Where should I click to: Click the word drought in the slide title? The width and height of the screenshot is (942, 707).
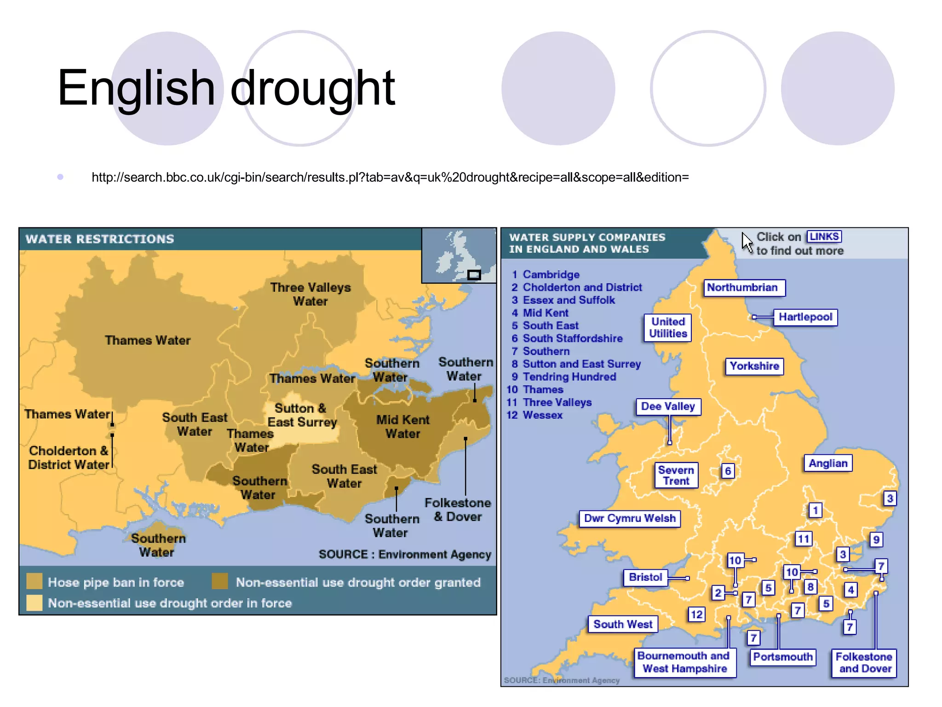pos(312,88)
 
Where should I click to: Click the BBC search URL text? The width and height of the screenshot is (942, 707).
pos(390,177)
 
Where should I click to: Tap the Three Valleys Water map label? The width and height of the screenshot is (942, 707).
pos(310,294)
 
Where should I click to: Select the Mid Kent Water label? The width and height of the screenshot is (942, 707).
pos(403,427)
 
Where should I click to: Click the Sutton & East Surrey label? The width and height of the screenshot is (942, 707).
pos(302,415)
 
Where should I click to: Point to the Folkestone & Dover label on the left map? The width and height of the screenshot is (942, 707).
pos(458,510)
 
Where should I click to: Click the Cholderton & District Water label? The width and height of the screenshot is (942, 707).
pos(69,458)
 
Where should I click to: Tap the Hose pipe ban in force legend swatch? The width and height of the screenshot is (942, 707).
pos(34,581)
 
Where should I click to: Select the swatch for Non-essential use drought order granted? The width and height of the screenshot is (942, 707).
pos(220,581)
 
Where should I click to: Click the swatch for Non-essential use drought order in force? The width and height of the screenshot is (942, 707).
pos(34,603)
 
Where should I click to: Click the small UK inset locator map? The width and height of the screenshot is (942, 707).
pos(459,255)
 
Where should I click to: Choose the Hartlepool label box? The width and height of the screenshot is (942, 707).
pos(805,317)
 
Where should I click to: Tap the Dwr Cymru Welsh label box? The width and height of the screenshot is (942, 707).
pos(629,518)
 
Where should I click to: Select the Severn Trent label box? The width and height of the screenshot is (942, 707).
pos(676,475)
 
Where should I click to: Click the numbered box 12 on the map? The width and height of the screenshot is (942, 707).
pos(696,614)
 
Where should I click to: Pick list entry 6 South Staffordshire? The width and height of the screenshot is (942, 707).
pos(567,338)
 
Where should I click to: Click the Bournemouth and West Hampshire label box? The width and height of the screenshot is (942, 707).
pos(684,662)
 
